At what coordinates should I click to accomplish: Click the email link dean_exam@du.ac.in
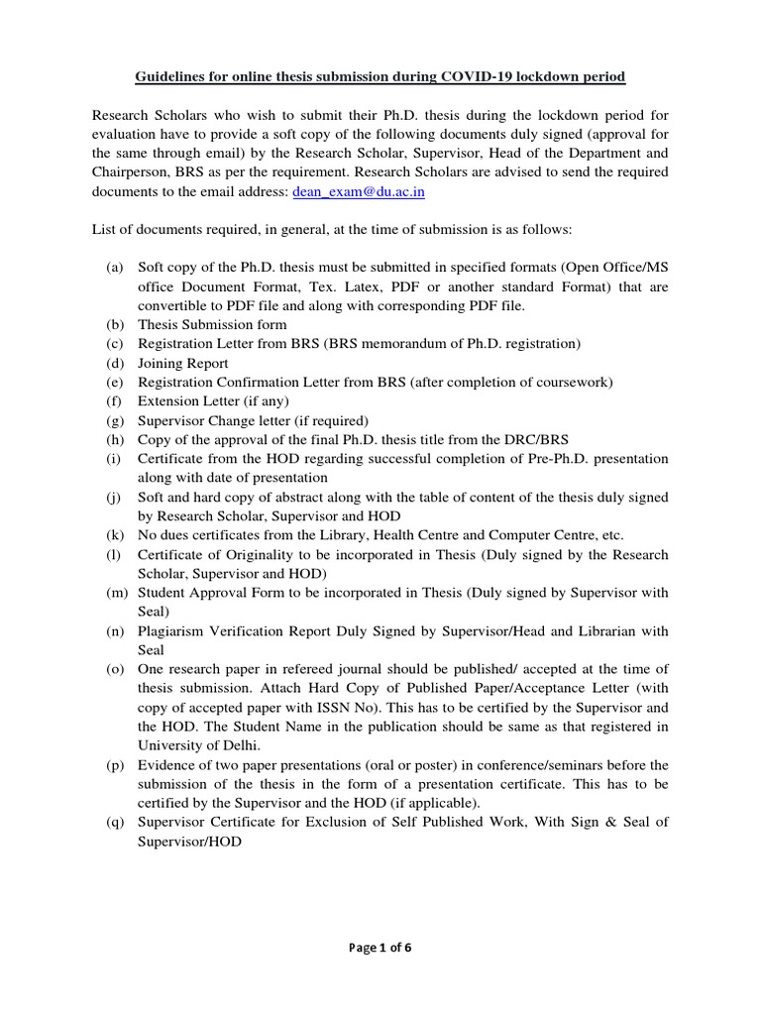click(359, 191)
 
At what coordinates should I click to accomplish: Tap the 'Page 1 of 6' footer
click(380, 948)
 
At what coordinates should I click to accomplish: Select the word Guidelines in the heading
click(170, 77)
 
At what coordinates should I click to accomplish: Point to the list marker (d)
click(115, 364)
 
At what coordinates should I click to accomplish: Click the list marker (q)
click(115, 822)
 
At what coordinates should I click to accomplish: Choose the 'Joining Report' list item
click(182, 364)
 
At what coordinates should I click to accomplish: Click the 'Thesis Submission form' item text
click(212, 325)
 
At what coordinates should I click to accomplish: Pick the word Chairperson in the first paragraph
click(131, 172)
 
